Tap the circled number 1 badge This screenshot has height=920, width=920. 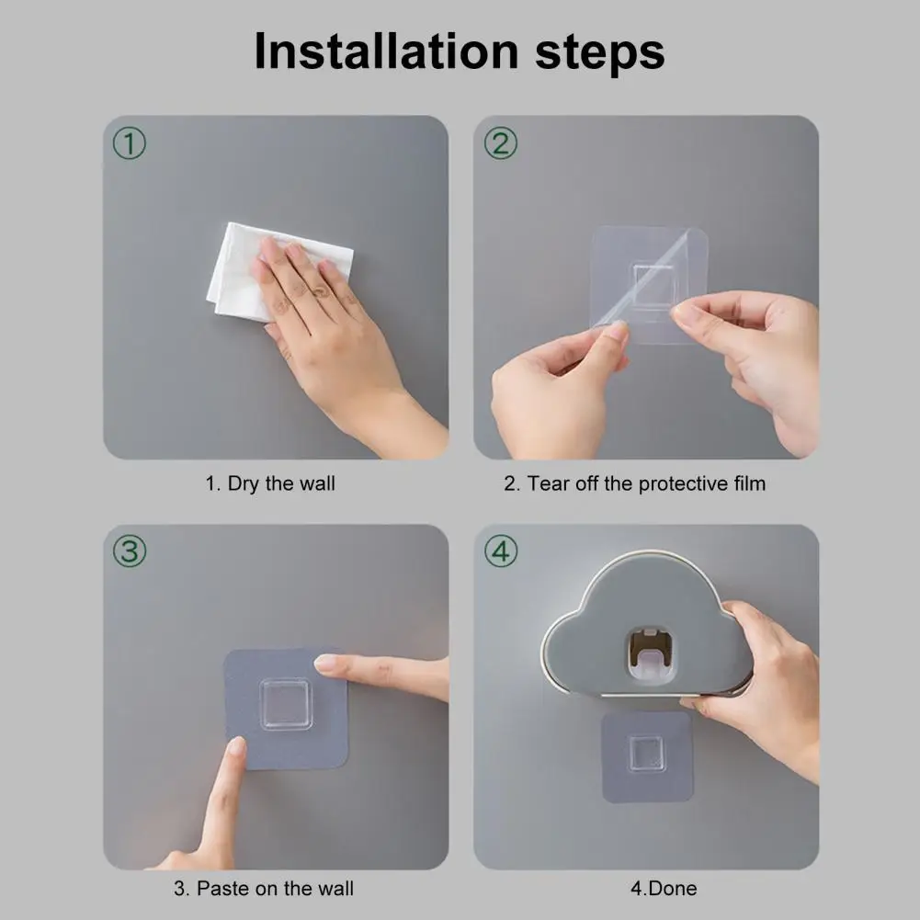tap(129, 143)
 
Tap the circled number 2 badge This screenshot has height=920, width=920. tap(501, 143)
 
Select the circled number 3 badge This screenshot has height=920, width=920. tap(129, 551)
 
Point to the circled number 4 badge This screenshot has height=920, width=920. tap(501, 551)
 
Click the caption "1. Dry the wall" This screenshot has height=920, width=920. tap(270, 484)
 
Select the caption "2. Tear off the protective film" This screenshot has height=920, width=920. tap(635, 484)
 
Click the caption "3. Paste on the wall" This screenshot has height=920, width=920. tap(264, 889)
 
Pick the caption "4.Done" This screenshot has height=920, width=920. tap(664, 889)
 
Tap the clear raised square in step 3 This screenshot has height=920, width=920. tap(286, 704)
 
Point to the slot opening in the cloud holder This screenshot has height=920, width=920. tap(651, 656)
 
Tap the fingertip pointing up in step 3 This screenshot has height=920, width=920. tap(237, 746)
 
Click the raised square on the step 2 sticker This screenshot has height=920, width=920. tap(653, 286)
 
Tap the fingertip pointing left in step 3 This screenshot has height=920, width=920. tap(325, 664)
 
